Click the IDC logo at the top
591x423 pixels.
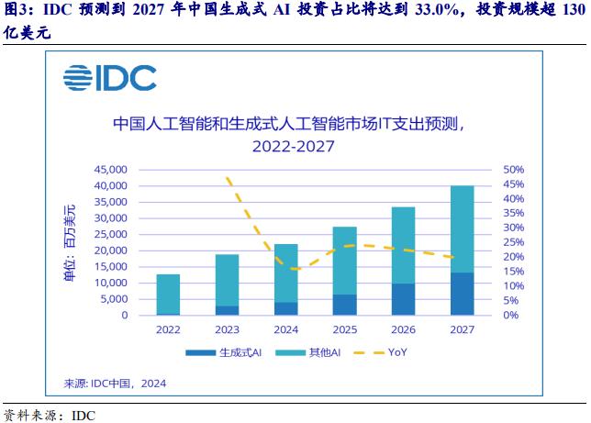[109, 79]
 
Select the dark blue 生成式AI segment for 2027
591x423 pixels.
[462, 294]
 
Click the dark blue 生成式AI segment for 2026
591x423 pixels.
[403, 299]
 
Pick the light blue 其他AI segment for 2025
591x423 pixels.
[344, 261]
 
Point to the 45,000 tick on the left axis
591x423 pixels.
[110, 170]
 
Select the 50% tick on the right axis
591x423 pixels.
[513, 170]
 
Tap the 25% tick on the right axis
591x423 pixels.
[513, 242]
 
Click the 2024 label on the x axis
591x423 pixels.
[285, 329]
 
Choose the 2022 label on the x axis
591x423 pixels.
[168, 329]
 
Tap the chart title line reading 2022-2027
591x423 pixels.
[295, 145]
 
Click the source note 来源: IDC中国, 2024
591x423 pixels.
[115, 383]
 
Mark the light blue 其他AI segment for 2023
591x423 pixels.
[227, 280]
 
